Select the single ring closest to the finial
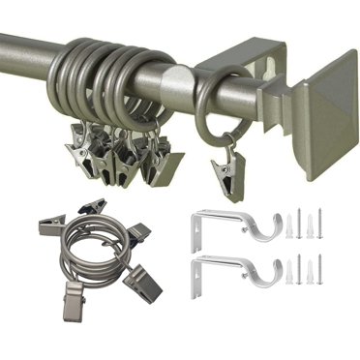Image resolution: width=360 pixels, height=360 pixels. [215, 105]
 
